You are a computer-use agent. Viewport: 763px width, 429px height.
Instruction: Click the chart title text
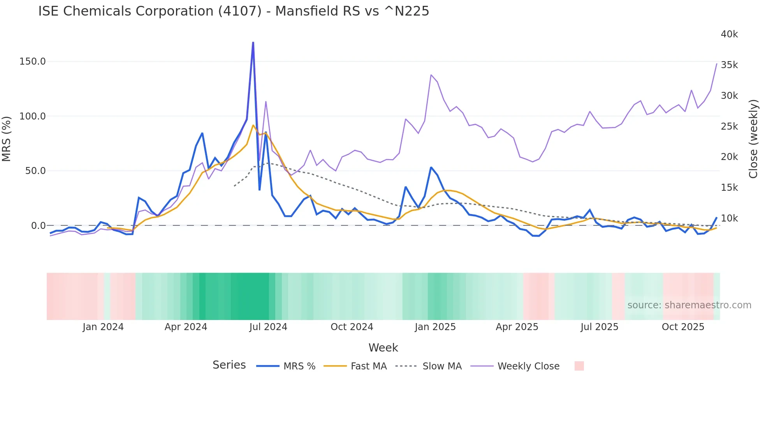[x=234, y=11]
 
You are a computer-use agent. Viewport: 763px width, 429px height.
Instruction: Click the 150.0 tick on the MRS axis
[x=33, y=62]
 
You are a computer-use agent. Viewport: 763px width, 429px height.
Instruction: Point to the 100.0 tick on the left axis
[x=33, y=116]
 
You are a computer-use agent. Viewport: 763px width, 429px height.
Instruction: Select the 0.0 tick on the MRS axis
[x=39, y=226]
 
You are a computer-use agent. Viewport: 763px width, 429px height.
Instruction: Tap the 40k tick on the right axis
[x=729, y=34]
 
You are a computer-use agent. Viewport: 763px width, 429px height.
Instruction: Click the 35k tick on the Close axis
[x=729, y=65]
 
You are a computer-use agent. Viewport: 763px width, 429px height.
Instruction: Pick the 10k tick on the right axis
[x=729, y=218]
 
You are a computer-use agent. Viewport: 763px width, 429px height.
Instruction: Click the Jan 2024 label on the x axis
[x=103, y=327]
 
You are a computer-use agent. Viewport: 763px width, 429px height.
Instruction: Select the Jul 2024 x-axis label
[x=268, y=327]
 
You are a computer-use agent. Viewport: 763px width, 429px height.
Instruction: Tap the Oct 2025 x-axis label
[x=683, y=327]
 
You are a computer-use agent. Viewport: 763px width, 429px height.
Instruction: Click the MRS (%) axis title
[x=6, y=139]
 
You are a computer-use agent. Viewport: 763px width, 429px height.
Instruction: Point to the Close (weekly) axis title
[x=753, y=139]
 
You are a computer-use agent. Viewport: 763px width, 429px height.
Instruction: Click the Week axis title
[x=383, y=348]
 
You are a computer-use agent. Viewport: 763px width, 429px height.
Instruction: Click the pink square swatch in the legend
[x=579, y=366]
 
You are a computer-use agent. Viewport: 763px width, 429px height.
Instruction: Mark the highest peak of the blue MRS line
[x=253, y=42]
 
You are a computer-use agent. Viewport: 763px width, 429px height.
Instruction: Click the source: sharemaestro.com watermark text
[x=689, y=305]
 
